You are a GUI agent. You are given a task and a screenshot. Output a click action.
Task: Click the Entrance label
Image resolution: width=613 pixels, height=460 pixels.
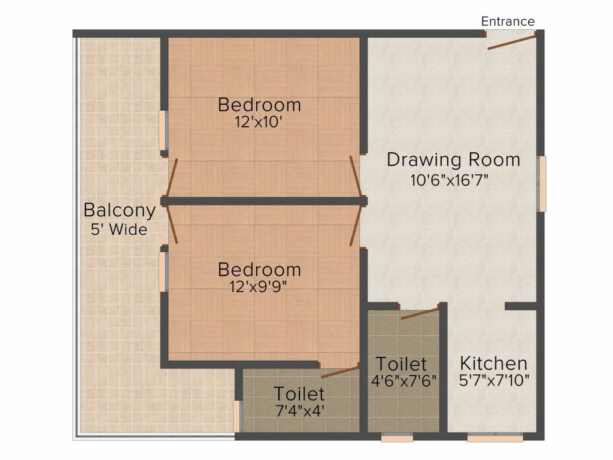[508, 22]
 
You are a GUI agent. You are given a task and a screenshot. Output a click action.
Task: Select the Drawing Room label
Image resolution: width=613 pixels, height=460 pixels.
[453, 160]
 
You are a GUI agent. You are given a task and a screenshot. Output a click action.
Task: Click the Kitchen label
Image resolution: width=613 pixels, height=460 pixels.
[493, 364]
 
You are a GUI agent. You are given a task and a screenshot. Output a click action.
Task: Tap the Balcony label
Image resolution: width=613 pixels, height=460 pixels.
[120, 211]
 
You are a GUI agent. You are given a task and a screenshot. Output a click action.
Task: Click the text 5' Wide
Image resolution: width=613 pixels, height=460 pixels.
[120, 229]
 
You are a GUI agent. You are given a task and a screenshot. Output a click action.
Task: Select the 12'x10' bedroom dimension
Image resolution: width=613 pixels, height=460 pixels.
[259, 122]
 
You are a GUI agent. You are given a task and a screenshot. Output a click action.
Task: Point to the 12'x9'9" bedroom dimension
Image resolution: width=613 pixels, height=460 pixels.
[259, 286]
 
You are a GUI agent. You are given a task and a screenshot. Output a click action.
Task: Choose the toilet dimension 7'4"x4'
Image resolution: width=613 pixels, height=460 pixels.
[299, 411]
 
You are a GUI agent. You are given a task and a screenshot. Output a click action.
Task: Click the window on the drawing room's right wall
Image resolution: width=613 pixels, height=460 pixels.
[542, 184]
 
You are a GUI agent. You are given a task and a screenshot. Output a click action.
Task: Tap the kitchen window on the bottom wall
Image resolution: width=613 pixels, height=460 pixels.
[495, 438]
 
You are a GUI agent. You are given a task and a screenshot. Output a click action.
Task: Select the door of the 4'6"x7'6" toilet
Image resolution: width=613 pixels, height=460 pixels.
[420, 313]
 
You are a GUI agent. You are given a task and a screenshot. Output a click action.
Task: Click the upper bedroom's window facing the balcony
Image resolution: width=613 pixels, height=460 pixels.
[162, 131]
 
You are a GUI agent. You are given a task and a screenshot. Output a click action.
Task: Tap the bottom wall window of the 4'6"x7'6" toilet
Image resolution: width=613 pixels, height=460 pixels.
[397, 438]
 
